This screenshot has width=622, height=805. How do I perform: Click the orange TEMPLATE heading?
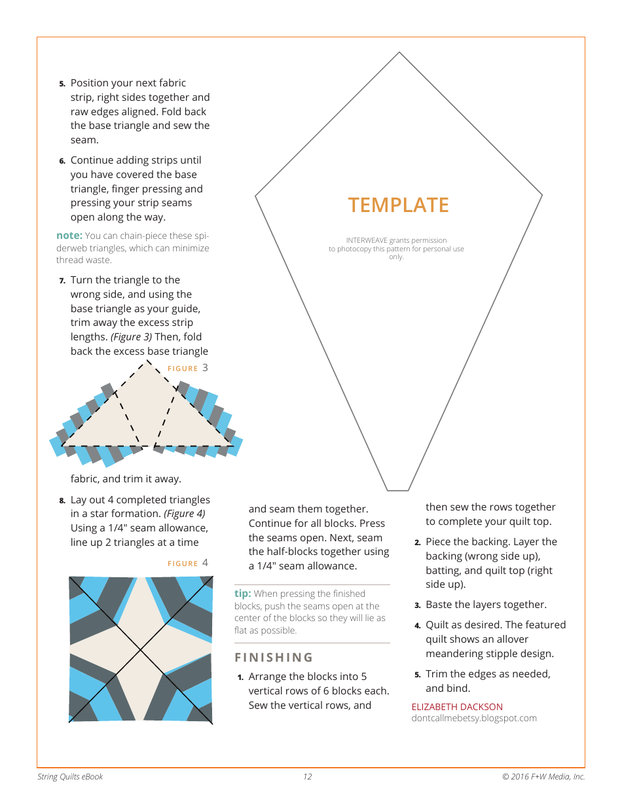398,205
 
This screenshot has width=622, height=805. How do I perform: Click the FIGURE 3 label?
188,368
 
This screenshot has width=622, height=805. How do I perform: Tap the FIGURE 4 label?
188,563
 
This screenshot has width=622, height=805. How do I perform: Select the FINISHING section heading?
274,657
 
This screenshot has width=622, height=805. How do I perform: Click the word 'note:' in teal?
69,236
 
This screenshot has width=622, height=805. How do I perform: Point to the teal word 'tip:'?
242,594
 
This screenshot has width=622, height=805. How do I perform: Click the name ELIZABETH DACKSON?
457,707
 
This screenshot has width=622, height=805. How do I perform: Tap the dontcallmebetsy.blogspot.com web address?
474,718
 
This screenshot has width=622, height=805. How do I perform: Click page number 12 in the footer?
307,777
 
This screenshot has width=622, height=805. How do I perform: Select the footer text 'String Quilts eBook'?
70,777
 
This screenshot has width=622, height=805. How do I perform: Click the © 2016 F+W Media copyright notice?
543,777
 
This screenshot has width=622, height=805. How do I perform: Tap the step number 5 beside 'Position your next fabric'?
62,84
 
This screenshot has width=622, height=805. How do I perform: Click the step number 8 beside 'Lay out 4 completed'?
62,501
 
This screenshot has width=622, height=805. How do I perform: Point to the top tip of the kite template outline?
399,52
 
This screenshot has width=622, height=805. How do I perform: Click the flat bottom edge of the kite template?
398,490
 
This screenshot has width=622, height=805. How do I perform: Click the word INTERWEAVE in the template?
367,241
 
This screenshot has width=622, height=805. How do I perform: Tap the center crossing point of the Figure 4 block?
141,649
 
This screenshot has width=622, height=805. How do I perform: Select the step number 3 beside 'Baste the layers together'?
417,605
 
